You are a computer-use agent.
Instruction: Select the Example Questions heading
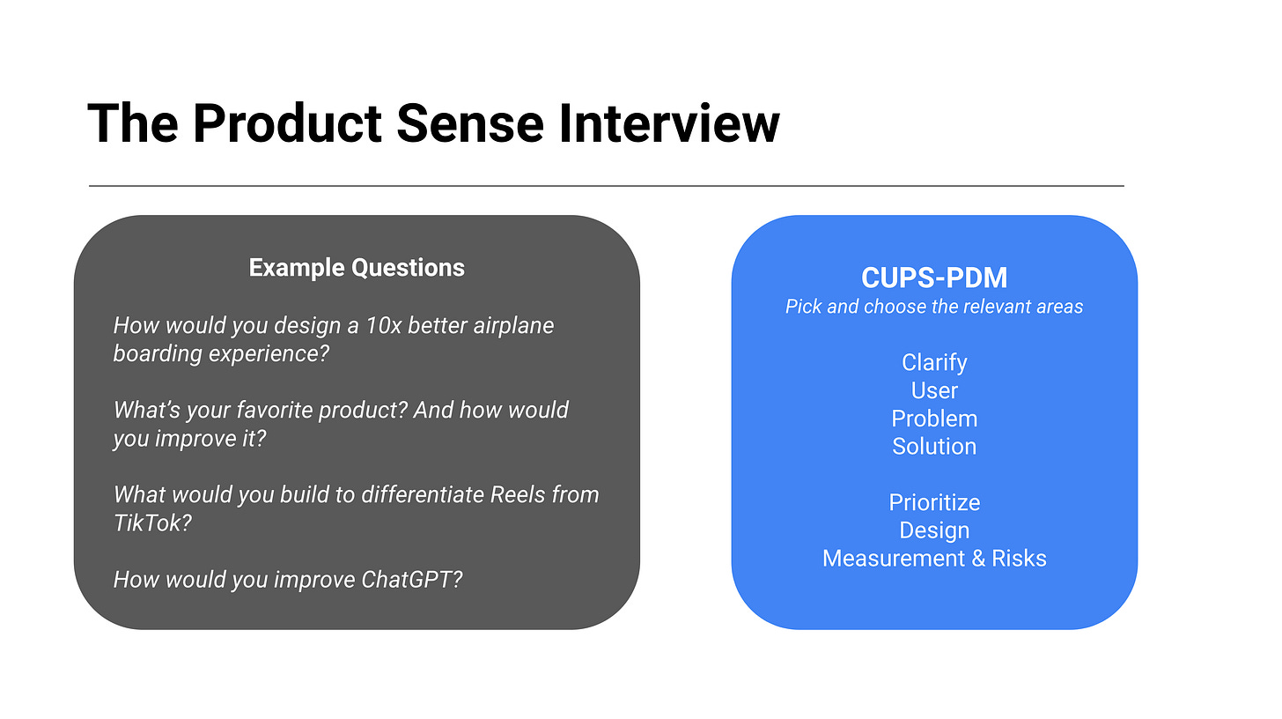tap(357, 268)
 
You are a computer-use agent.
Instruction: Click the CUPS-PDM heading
tap(934, 278)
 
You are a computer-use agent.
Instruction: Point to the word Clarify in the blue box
tap(934, 362)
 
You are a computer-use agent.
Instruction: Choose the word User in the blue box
tap(934, 390)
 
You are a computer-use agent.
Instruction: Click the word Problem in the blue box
tap(934, 419)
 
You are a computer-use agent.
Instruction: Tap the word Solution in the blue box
tap(934, 446)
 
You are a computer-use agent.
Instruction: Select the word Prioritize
tap(934, 502)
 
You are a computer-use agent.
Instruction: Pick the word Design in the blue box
tap(934, 530)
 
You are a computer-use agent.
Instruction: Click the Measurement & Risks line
tap(934, 559)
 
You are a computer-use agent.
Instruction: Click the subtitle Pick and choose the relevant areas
tap(934, 307)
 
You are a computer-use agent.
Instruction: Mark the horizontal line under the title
tap(606, 186)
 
